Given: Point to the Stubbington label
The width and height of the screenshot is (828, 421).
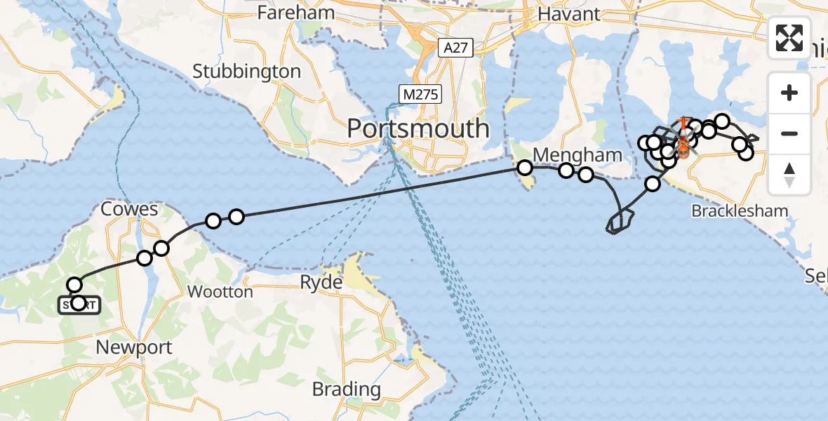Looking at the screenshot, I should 246,72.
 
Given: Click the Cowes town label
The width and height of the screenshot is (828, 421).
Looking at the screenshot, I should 129,209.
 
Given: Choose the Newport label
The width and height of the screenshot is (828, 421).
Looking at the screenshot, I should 134,347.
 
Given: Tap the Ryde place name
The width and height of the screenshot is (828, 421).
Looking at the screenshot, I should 323,283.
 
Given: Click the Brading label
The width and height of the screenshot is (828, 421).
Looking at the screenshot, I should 346,389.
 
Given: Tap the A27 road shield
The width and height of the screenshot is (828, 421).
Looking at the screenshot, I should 456,48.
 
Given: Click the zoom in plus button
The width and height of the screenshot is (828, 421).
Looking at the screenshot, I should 789,93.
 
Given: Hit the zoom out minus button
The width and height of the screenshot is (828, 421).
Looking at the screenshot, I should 789,133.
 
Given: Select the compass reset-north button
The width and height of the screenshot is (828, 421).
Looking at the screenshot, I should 789,174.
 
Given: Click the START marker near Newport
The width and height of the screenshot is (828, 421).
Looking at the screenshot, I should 78,304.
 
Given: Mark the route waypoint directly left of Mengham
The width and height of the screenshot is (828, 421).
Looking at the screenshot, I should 524,168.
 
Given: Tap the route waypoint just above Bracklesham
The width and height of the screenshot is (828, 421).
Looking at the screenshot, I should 653,184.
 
